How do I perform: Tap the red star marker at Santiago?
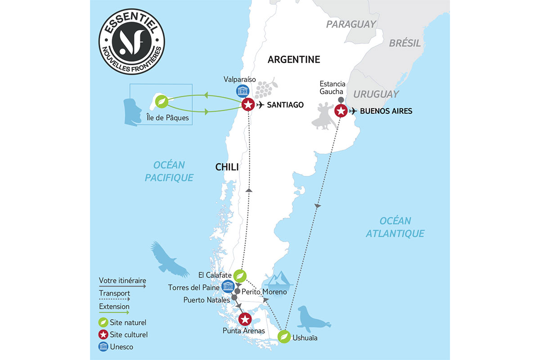[x=247, y=105]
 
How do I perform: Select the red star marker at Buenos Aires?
[x=341, y=111]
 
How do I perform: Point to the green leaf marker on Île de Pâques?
[x=161, y=103]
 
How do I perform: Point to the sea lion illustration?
[x=314, y=319]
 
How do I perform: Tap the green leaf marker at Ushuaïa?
[x=284, y=337]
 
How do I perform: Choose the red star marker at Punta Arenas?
[x=244, y=320]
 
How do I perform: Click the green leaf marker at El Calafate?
[x=240, y=275]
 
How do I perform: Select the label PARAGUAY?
[x=351, y=24]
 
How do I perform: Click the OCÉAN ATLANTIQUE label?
[x=395, y=227]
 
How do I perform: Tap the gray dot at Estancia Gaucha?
[x=341, y=99]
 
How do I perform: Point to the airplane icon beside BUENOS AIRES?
[x=354, y=111]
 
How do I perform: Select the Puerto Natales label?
[x=206, y=299]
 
